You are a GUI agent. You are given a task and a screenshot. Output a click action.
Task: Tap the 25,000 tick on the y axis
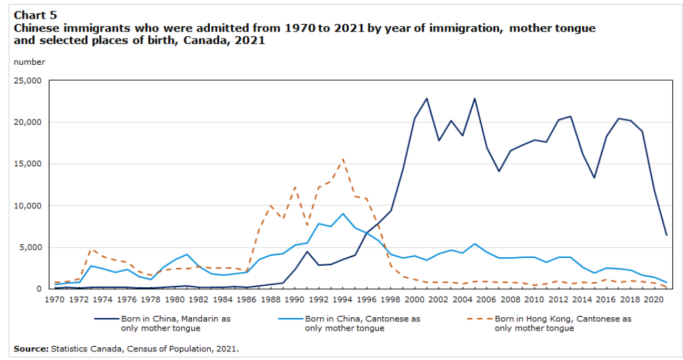click(x=28, y=81)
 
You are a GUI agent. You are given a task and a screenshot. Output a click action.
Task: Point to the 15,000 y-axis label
click(x=28, y=164)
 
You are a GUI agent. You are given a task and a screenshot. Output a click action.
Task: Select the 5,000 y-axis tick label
click(x=31, y=247)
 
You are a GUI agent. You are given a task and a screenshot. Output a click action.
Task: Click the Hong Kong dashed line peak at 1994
click(x=343, y=159)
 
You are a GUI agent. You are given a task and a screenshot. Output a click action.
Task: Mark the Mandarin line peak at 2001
click(x=426, y=98)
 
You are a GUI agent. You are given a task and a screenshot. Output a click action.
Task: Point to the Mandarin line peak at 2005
click(x=474, y=98)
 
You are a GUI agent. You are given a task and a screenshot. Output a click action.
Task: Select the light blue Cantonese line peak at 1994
click(x=343, y=214)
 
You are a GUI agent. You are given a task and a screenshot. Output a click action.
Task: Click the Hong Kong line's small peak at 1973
click(x=92, y=249)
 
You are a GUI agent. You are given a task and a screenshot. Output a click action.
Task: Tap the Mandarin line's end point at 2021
click(x=666, y=234)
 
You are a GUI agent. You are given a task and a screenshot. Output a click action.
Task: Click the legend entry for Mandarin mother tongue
click(x=175, y=323)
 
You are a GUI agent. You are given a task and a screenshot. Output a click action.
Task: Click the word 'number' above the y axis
click(x=29, y=62)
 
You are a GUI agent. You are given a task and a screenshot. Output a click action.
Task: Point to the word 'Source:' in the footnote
click(x=30, y=349)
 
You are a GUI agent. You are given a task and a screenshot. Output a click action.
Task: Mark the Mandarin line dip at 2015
click(x=594, y=177)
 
